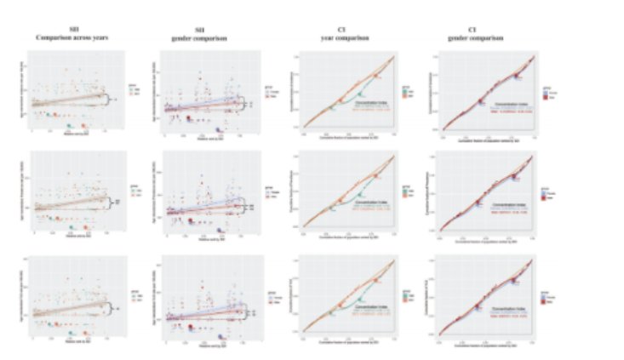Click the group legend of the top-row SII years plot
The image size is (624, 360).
pos(134,89)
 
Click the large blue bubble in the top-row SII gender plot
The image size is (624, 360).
pos(220,130)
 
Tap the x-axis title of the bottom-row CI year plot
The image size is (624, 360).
pos(348,349)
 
